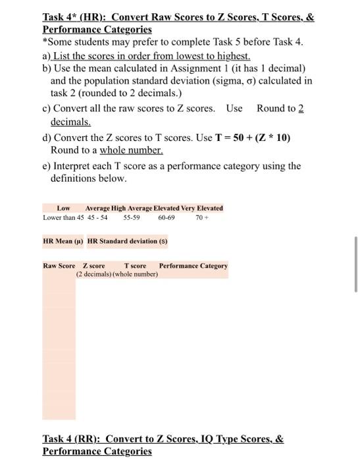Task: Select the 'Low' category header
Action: coord(64,208)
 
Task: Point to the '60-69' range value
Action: coord(167,217)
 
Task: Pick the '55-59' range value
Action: coord(132,217)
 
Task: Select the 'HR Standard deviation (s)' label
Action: coord(128,241)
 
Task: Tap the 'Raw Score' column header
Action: coord(59,266)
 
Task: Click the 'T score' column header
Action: coord(135,266)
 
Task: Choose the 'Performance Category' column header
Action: coord(193,266)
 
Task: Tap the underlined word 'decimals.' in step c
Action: coord(70,122)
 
